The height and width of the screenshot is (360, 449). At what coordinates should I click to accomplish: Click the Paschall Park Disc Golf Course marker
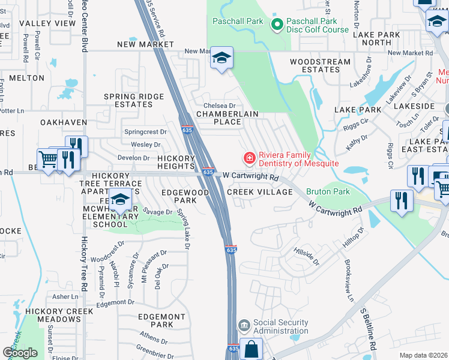tap(277, 25)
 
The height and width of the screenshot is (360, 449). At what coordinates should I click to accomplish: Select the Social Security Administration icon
tap(244, 326)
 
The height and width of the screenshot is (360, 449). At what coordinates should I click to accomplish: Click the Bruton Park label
tap(328, 191)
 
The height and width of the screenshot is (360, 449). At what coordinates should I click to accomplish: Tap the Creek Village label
tap(260, 192)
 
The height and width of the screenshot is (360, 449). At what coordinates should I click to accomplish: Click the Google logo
tap(20, 353)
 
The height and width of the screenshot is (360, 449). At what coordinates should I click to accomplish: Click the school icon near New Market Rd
tap(221, 58)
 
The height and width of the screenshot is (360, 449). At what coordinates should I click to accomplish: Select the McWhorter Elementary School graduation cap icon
tap(121, 200)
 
